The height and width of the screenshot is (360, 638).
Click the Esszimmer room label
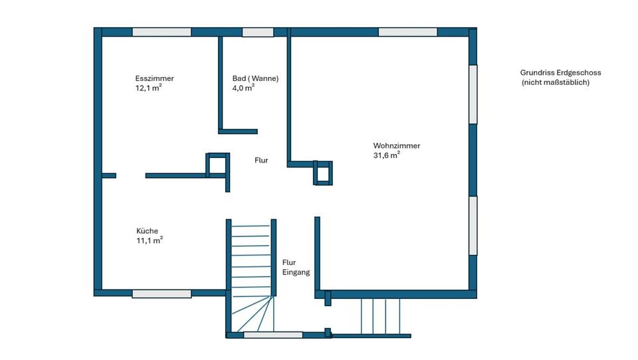pos(154,78)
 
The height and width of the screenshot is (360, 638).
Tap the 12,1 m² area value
pos(149,88)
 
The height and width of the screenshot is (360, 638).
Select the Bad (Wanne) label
pos(255,78)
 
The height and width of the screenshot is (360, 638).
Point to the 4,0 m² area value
pos(243,88)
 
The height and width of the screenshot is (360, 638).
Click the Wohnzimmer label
pos(396,146)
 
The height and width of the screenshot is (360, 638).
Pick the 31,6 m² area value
pos(386,155)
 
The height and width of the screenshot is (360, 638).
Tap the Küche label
pos(147,231)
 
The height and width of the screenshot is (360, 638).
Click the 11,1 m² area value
pos(149,240)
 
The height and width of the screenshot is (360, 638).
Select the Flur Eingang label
pos(296,267)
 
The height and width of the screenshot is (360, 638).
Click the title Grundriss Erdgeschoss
pos(560,73)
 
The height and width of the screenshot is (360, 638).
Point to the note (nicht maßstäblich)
pos(556,83)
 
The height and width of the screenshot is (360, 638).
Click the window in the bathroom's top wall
pos(258,32)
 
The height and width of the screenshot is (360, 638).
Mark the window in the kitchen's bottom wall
pos(161,293)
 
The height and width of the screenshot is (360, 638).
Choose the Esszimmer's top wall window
pos(161,32)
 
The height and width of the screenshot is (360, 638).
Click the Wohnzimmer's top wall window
pos(407,32)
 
